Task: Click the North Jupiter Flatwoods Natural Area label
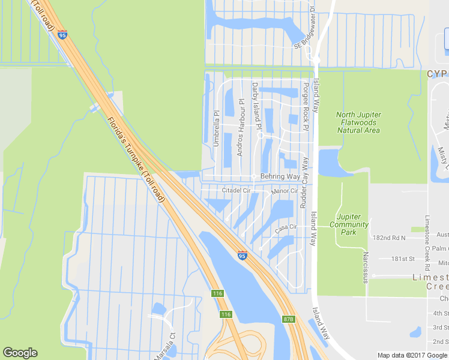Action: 358,122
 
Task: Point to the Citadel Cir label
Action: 235,191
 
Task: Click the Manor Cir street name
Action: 285,191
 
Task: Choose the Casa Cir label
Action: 286,228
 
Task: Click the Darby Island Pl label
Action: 256,106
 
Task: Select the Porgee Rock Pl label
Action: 306,106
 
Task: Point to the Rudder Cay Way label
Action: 304,182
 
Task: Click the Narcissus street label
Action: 364,268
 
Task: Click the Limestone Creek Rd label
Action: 428,241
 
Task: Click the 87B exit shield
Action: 289,319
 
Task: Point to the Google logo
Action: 20,353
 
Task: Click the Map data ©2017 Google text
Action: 412,355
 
